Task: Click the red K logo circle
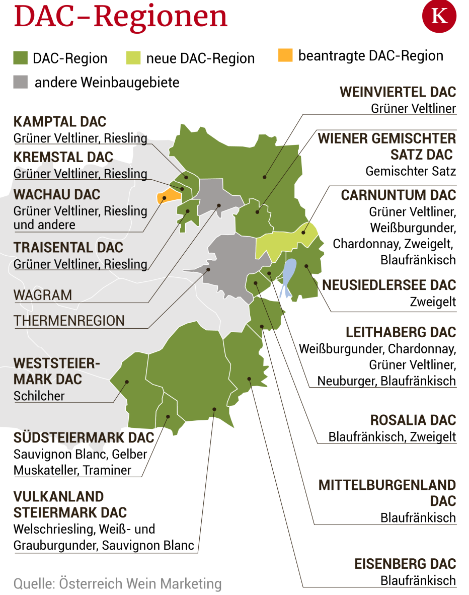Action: point(439,16)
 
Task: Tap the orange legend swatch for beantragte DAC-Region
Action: point(285,55)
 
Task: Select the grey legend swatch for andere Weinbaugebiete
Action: point(21,82)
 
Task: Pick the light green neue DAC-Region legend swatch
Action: point(133,58)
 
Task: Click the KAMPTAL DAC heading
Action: point(60,122)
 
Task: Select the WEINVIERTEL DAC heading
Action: point(398,92)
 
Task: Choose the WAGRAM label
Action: point(43,295)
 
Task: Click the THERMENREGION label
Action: point(69,321)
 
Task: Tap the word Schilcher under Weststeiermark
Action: point(39,396)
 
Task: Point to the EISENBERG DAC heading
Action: point(405,564)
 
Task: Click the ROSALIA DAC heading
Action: point(413,420)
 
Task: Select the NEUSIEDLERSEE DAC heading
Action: point(389,285)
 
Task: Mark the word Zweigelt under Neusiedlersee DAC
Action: point(433,302)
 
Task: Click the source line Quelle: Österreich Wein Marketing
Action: point(117,584)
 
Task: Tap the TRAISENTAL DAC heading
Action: point(68,248)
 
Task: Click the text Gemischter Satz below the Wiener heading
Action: point(411,171)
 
